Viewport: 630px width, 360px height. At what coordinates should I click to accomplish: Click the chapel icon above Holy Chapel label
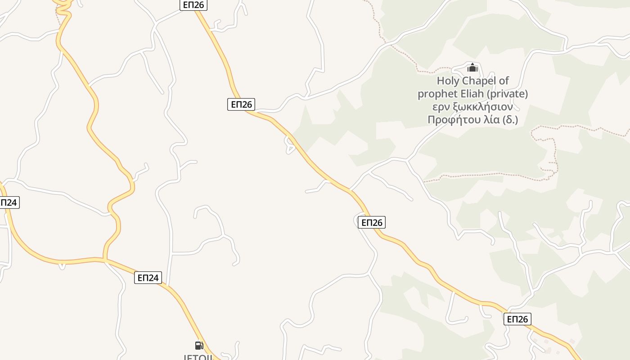472,68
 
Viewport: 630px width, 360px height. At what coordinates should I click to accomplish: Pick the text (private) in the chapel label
508,94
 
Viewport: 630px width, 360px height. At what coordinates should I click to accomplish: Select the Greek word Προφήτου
451,120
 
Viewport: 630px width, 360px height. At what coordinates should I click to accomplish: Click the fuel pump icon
199,345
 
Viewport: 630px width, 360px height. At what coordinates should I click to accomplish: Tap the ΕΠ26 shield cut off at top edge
193,4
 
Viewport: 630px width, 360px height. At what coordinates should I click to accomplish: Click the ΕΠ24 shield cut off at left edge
9,202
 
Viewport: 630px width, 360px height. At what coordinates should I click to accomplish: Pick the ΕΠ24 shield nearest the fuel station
148,278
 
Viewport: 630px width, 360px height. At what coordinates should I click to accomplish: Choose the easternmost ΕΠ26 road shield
517,319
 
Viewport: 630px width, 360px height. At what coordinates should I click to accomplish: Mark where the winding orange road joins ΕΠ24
104,259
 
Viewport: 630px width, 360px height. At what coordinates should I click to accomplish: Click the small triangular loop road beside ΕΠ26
290,145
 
